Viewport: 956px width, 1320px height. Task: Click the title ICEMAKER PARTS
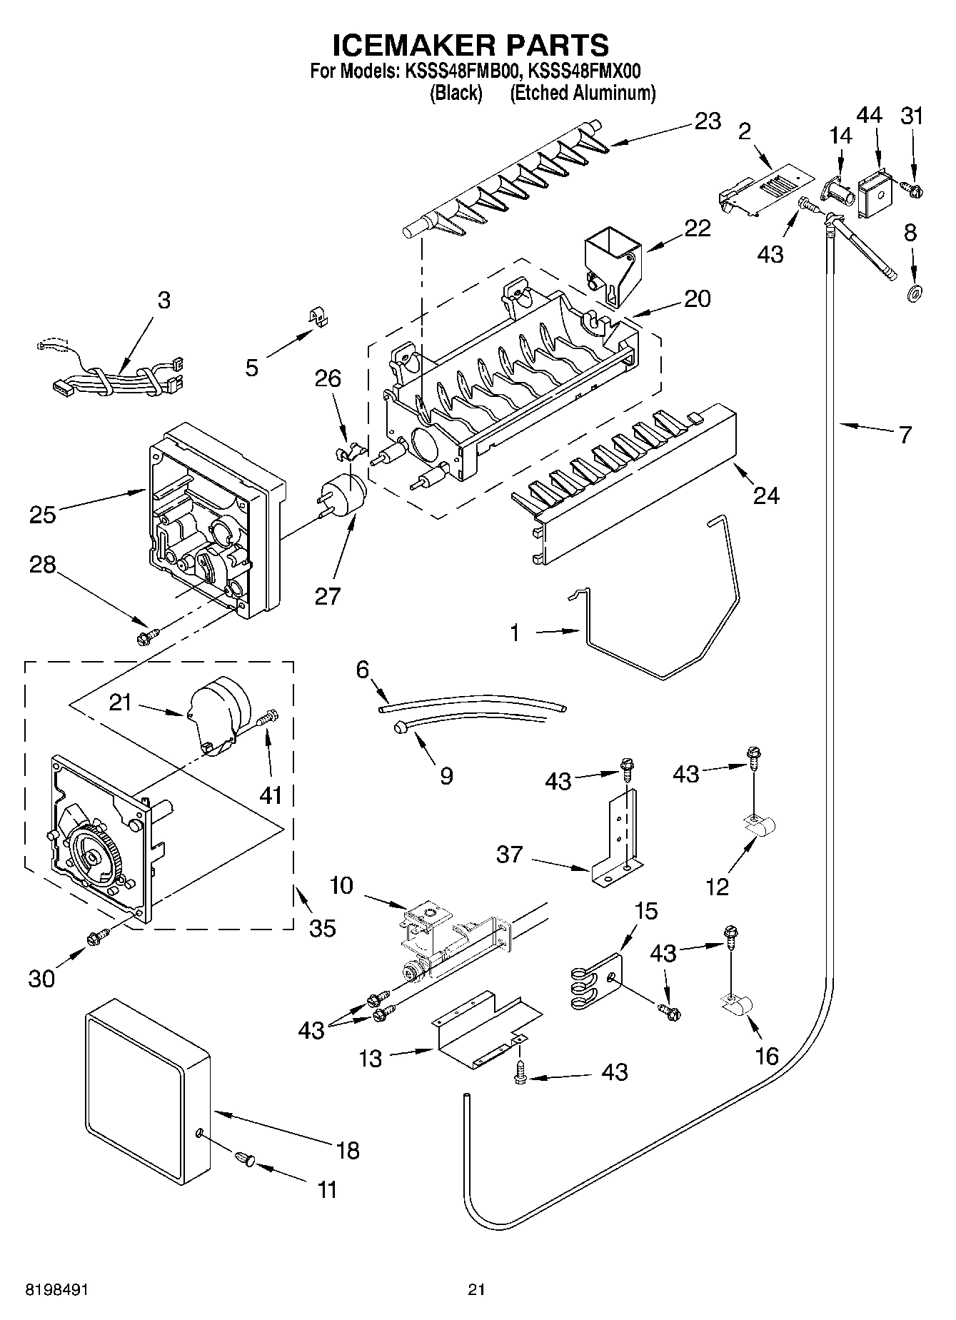pyautogui.click(x=471, y=45)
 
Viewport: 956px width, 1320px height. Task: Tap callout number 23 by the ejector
pyautogui.click(x=707, y=121)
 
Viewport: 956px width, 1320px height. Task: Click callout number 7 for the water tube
pyautogui.click(x=905, y=434)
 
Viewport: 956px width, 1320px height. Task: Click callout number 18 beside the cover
pyautogui.click(x=348, y=1150)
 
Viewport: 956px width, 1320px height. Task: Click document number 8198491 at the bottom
pyautogui.click(x=57, y=1289)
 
